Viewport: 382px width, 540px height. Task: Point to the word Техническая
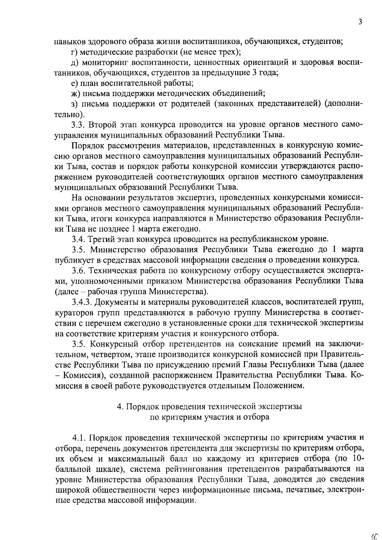112,270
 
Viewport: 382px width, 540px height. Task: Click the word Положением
279,386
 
